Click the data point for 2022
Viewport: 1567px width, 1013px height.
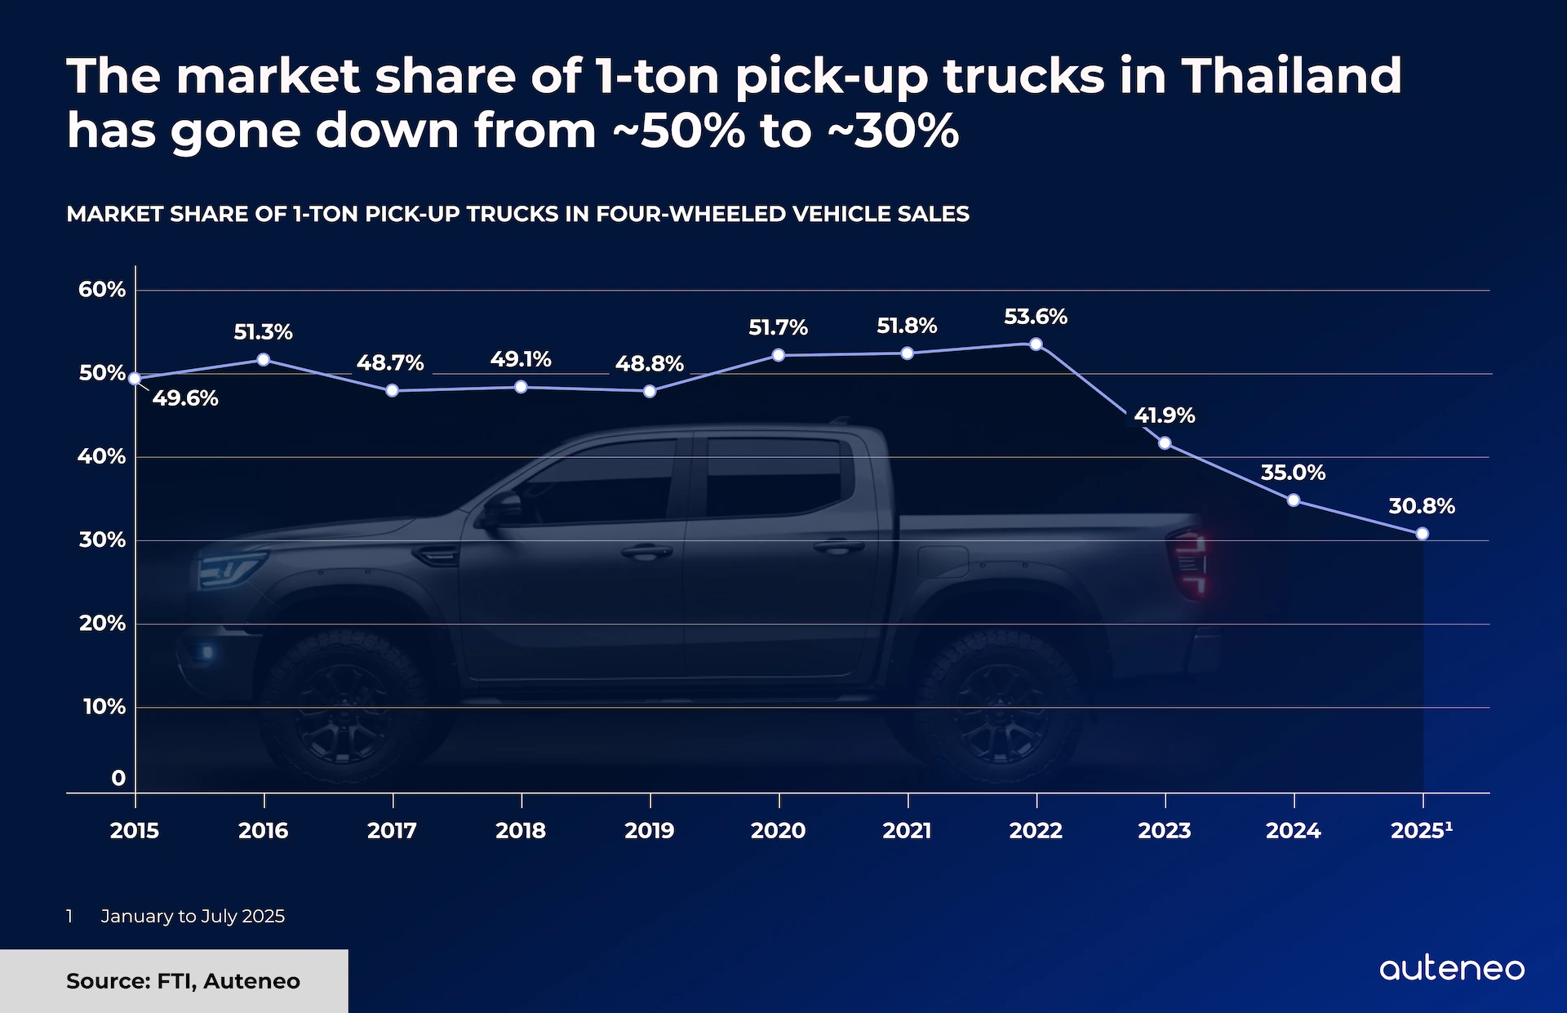[x=1036, y=344]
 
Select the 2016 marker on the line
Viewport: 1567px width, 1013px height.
[x=264, y=360]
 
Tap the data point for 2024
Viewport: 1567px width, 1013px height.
[x=1294, y=500]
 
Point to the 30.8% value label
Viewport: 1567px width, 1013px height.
[x=1422, y=506]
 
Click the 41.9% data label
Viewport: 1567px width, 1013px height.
[x=1165, y=415]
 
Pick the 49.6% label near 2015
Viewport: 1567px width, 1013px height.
[x=185, y=398]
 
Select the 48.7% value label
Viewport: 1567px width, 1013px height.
[x=390, y=363]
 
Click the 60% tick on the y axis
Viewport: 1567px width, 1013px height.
[x=102, y=290]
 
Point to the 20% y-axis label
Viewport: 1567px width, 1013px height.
[x=102, y=624]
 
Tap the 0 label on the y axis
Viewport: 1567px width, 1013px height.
[x=118, y=778]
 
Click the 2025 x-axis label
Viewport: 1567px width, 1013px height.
[x=1421, y=831]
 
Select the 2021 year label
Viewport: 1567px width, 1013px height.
[x=907, y=831]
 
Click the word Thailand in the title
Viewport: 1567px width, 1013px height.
[x=1291, y=76]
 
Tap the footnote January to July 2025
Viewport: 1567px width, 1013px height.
[x=193, y=916]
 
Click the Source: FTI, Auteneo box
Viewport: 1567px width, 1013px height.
[x=174, y=980]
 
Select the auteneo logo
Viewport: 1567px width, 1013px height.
[x=1452, y=969]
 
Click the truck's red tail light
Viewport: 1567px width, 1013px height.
[x=1190, y=562]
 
